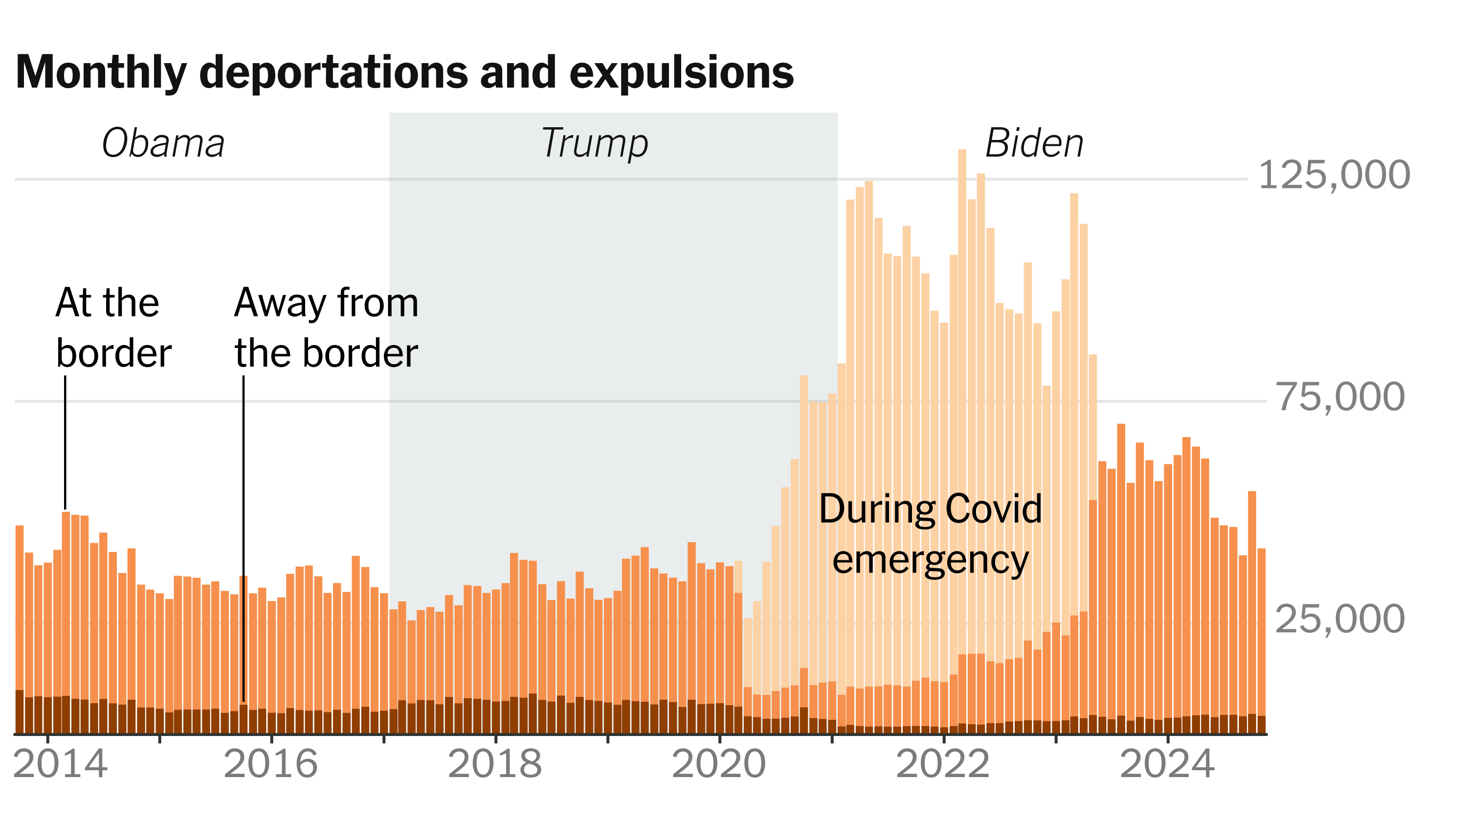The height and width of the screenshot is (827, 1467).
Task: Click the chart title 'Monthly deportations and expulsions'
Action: (x=404, y=73)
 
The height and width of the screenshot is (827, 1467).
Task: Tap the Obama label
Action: (x=163, y=143)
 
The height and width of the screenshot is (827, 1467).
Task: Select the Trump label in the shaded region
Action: (x=595, y=143)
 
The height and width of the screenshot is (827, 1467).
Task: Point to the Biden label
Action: (x=1034, y=143)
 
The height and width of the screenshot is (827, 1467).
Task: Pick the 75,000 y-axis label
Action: (x=1339, y=397)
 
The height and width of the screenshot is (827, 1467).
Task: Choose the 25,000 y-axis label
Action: (x=1339, y=620)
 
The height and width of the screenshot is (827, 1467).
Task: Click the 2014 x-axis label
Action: (x=60, y=764)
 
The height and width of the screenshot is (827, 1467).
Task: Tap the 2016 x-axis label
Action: (x=270, y=764)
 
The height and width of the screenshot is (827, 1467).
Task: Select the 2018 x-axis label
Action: (x=494, y=764)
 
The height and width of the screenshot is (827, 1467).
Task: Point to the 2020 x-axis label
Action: (x=719, y=764)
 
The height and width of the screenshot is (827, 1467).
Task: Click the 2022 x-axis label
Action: (x=942, y=764)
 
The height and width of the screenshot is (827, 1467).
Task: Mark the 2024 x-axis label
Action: (x=1167, y=764)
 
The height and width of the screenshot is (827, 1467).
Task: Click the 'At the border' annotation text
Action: (x=113, y=328)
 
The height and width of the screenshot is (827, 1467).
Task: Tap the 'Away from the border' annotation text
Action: (x=326, y=328)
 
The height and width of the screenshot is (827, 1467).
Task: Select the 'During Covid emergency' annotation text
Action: (x=930, y=533)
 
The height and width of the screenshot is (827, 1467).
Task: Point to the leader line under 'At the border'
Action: (x=65, y=442)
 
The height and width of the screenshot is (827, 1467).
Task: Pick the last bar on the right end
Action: (x=1262, y=638)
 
